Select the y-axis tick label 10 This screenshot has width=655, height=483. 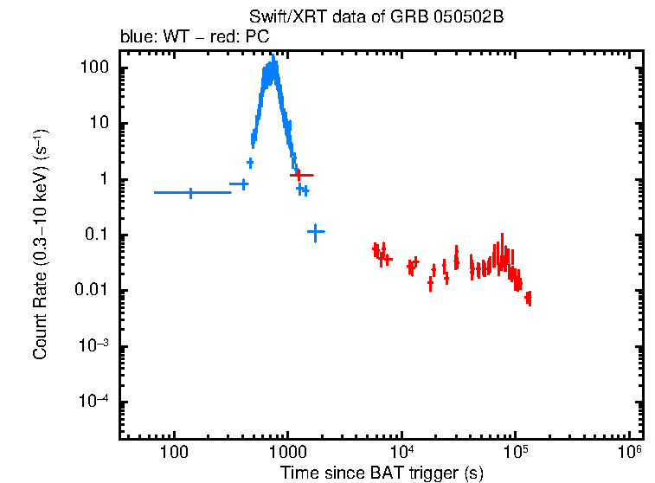[x=97, y=124]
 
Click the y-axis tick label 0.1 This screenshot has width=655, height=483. [x=95, y=235]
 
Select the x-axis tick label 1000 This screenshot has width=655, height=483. [x=287, y=454]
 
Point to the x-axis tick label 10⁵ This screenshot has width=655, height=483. [x=515, y=452]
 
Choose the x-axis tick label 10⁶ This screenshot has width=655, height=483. [x=629, y=452]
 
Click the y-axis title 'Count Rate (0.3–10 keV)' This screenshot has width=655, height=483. [x=41, y=245]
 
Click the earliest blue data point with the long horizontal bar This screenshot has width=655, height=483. [x=191, y=192]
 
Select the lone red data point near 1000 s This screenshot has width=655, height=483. [x=299, y=176]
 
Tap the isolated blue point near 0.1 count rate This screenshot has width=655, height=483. [x=316, y=231]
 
